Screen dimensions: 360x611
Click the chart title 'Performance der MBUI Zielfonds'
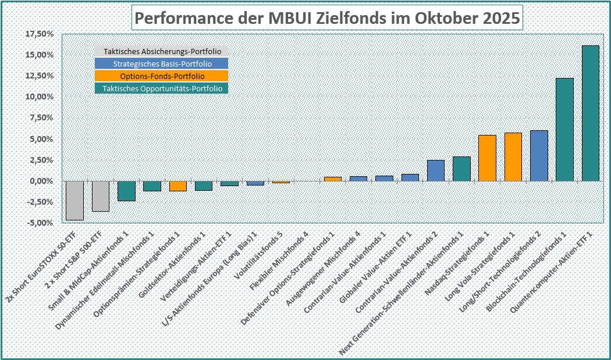pyautogui.click(x=328, y=18)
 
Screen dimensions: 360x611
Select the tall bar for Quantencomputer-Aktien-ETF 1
pyautogui.click(x=591, y=113)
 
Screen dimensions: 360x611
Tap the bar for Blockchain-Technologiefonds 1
pyautogui.click(x=564, y=130)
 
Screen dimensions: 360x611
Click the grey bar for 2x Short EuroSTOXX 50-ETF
pyautogui.click(x=74, y=201)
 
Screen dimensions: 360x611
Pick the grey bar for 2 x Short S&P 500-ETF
pyautogui.click(x=101, y=196)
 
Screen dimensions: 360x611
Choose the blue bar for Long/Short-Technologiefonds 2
pyautogui.click(x=539, y=156)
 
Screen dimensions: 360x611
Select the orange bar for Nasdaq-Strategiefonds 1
pyautogui.click(x=487, y=158)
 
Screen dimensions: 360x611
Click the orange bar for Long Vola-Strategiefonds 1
pyautogui.click(x=513, y=157)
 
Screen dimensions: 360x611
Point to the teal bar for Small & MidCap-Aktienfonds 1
pyautogui.click(x=126, y=191)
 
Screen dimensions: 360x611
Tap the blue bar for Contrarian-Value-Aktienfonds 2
pyautogui.click(x=436, y=170)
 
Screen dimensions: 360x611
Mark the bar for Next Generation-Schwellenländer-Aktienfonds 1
pyautogui.click(x=461, y=169)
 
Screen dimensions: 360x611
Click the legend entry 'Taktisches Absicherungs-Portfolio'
pyautogui.click(x=161, y=52)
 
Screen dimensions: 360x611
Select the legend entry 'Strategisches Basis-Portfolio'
pyautogui.click(x=161, y=64)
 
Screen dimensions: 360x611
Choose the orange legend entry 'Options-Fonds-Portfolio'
pyautogui.click(x=161, y=76)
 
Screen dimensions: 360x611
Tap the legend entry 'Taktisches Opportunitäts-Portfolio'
pyautogui.click(x=161, y=88)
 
